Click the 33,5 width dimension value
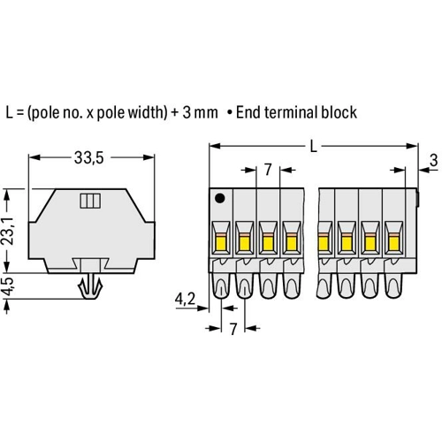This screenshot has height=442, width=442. click(88, 158)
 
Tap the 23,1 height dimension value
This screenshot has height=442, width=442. click(11, 231)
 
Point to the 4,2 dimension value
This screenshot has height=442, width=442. click(185, 300)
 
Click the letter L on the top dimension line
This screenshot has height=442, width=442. click(314, 146)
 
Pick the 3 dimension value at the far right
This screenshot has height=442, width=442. click(433, 161)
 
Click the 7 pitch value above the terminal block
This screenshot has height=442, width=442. click(268, 170)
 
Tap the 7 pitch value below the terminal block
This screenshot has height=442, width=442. click(233, 329)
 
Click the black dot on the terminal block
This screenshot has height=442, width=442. click(220, 198)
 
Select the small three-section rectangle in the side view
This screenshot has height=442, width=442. click(90, 201)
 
